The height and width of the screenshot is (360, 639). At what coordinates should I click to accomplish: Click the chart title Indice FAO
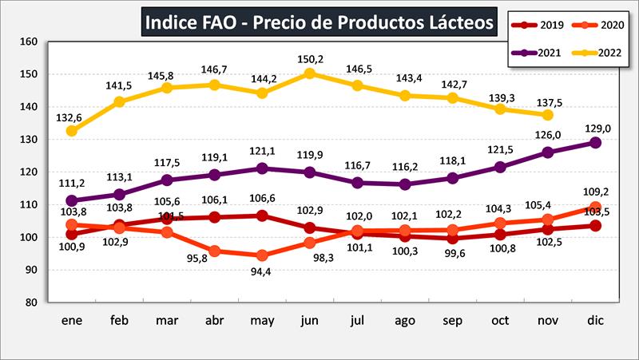[319, 22]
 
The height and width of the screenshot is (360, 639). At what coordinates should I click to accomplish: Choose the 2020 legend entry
[601, 24]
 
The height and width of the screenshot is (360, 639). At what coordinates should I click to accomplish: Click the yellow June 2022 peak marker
[310, 73]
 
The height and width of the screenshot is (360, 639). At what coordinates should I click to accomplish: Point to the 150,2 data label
[310, 58]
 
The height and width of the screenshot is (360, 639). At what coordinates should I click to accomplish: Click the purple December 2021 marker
[596, 142]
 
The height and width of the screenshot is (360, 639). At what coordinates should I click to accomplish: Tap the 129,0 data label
[596, 128]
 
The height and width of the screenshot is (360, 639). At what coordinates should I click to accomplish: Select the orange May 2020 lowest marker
[262, 255]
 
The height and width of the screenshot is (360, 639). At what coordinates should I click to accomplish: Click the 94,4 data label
[262, 271]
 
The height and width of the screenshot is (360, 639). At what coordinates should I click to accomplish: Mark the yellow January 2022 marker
[72, 131]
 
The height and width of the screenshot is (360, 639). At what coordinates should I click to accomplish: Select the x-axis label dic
[596, 320]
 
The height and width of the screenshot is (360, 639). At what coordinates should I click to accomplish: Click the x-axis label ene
[72, 320]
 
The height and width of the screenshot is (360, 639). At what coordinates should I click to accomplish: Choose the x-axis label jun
[310, 320]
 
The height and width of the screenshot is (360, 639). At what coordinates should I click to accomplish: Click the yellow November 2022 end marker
[548, 115]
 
